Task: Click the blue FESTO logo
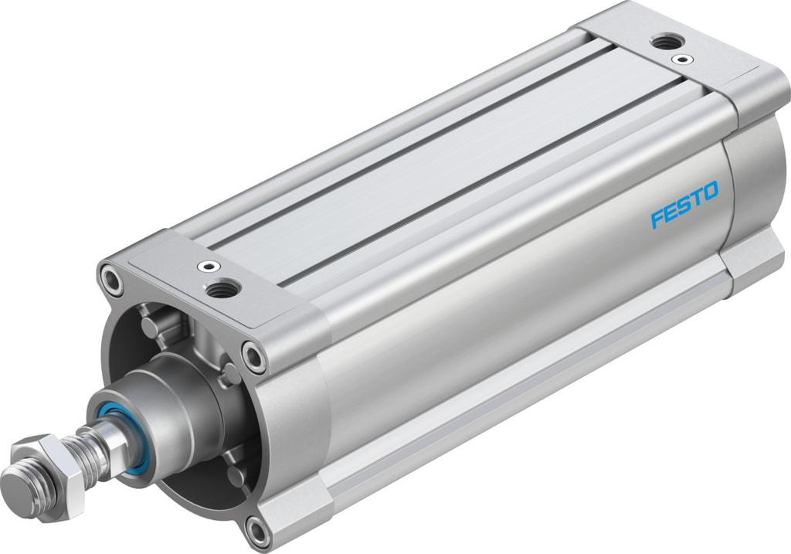pos(684,204)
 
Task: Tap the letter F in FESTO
pos(657,218)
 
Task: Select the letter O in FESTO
pos(708,191)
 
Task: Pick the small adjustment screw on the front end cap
pos(205,267)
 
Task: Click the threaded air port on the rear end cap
pos(664,42)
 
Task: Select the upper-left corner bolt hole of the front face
pos(110,279)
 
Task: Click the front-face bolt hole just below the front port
pos(253,356)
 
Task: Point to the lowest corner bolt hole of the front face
pos(258,532)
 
